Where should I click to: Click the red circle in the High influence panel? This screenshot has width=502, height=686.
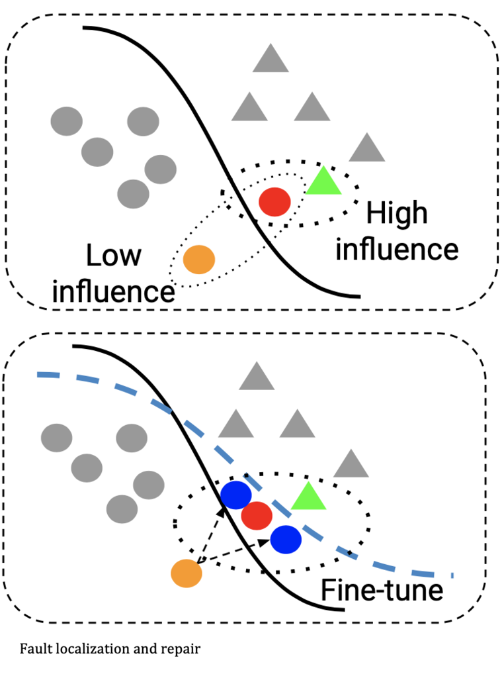tap(274, 202)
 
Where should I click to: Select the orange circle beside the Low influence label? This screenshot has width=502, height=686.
tap(199, 260)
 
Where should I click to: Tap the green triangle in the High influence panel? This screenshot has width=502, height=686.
tap(323, 182)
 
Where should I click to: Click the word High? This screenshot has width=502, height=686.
tap(397, 215)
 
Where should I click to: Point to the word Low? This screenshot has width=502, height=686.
tap(113, 254)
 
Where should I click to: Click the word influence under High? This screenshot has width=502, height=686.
tap(397, 250)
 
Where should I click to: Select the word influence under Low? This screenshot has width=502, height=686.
tap(113, 291)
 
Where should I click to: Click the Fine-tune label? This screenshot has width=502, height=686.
tap(382, 590)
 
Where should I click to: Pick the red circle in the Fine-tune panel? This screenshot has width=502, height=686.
tap(257, 516)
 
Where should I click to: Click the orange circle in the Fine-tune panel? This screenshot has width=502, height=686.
tap(187, 573)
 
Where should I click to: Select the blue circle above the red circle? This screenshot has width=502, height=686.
tap(236, 495)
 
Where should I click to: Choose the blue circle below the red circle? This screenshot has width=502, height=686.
tap(286, 539)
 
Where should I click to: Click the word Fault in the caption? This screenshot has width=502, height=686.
tap(32, 649)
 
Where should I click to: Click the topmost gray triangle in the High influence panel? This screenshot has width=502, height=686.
tap(271, 60)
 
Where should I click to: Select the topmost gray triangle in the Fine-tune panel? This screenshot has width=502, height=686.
tap(257, 378)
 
